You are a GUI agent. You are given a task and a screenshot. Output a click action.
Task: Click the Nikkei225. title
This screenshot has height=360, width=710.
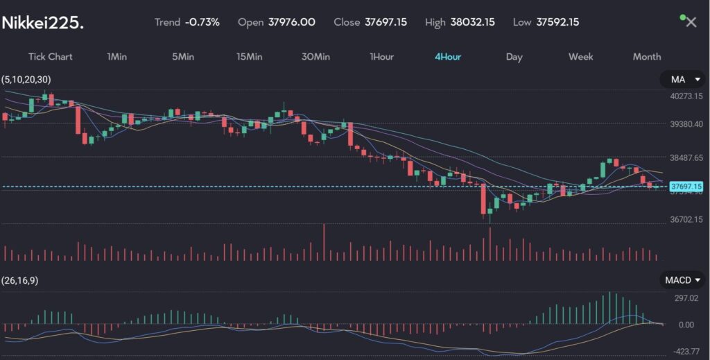point(43,23)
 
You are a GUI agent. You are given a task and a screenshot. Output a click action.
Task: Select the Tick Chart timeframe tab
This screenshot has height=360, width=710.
point(50,57)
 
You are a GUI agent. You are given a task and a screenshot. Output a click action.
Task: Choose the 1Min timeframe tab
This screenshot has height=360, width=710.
point(116,57)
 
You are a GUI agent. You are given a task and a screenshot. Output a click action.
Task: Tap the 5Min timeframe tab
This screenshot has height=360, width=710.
point(183,57)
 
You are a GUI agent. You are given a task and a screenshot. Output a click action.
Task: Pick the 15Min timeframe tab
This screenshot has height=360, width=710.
point(249,57)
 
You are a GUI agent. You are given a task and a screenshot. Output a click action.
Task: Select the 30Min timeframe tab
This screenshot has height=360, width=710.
point(315,57)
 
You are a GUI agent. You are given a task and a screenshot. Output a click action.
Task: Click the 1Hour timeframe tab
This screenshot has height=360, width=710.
point(381,57)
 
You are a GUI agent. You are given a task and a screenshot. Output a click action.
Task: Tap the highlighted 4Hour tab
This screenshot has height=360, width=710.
point(448,57)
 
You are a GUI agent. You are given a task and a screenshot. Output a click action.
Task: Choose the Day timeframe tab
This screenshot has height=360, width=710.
point(514,57)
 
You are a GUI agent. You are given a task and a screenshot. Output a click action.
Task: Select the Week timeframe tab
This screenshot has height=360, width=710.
point(580,57)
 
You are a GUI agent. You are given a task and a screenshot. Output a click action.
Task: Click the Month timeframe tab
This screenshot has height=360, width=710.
point(647,57)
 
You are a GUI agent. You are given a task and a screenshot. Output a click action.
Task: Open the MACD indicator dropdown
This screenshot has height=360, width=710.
point(682,280)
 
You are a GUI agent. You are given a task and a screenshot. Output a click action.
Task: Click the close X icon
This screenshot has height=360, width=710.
point(691,22)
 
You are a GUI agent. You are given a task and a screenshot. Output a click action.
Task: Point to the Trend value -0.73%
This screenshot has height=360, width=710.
point(202,22)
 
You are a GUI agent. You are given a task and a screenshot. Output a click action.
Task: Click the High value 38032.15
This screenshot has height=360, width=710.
point(472,22)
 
